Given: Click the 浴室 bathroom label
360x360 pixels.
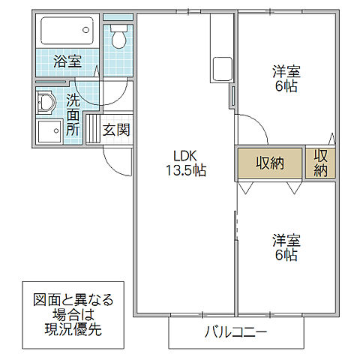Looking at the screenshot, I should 67,61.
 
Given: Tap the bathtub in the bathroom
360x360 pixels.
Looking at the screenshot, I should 66,31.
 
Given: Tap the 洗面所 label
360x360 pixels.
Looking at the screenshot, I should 73,115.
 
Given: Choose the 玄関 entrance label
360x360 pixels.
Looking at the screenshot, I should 116,129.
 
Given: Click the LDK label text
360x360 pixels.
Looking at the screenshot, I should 184,155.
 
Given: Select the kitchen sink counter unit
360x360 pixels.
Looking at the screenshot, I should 223,70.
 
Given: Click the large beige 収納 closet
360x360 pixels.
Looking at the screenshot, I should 269,163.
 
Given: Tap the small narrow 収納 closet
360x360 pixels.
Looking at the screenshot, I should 321,163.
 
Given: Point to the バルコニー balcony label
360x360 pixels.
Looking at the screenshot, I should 235,332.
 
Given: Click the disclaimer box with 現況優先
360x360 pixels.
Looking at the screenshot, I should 73,314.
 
